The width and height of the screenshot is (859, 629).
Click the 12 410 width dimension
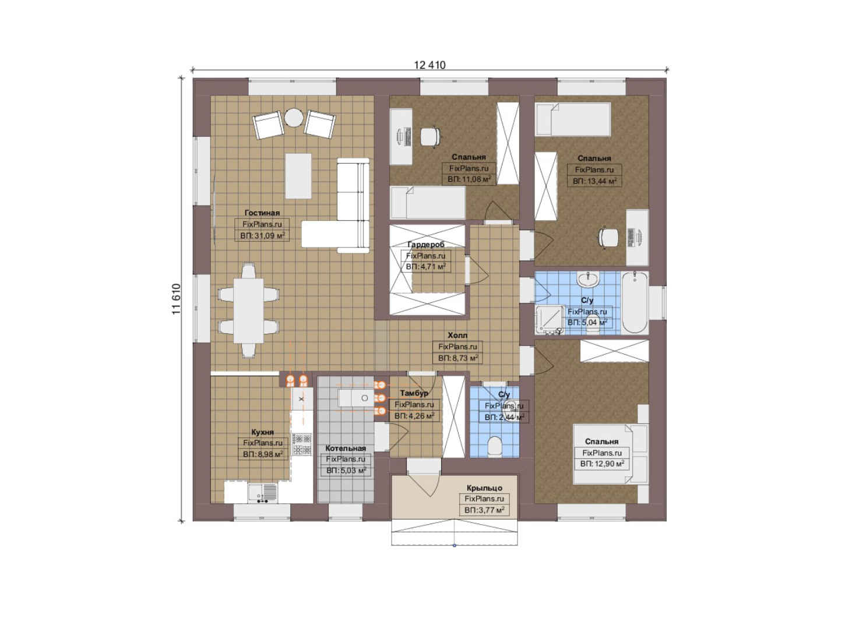[429, 65]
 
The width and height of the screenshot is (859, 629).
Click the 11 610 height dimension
[176, 299]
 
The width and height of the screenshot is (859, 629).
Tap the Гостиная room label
[262, 213]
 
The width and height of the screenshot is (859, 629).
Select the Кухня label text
[262, 432]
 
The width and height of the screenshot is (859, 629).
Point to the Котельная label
[346, 448]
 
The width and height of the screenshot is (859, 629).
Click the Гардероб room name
[425, 244]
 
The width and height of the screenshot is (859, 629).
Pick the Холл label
[457, 335]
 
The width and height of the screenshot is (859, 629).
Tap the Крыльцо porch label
[484, 488]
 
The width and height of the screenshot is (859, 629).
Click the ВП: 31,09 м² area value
[262, 236]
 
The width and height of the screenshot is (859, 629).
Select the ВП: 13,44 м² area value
[594, 181]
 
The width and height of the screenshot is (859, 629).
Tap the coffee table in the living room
[298, 176]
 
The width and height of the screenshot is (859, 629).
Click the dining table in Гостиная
[248, 310]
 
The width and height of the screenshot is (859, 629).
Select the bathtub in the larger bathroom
[635, 303]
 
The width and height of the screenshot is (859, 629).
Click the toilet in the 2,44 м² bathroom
[495, 447]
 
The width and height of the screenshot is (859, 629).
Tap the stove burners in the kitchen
[302, 444]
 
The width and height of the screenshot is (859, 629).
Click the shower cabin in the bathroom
[550, 320]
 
